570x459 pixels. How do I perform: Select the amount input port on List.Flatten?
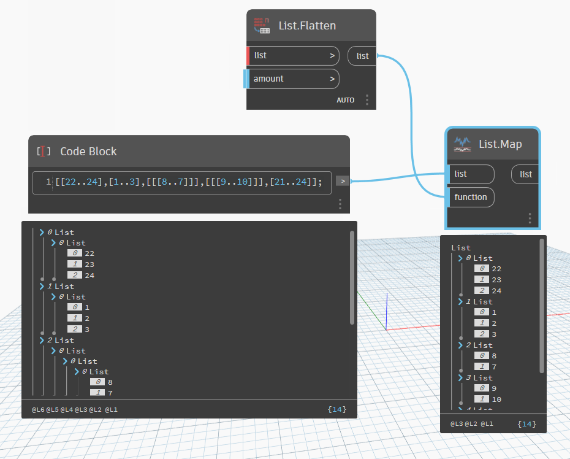(292, 79)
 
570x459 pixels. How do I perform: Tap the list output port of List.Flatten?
(362, 56)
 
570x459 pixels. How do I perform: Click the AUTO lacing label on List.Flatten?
(345, 100)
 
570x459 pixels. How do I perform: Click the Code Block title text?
(88, 151)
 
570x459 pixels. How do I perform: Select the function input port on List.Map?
(471, 197)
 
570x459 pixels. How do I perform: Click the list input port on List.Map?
(471, 174)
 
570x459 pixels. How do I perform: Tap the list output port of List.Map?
(525, 174)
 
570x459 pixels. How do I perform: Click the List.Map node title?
(500, 144)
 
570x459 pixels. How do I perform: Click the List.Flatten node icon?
(262, 26)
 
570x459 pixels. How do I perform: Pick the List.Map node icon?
(462, 144)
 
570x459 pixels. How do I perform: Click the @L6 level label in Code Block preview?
(38, 409)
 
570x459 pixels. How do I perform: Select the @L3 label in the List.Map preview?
(457, 424)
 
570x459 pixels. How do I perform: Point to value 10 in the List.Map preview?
(496, 399)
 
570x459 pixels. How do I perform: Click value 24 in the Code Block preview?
(89, 275)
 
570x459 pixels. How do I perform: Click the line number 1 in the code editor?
(48, 182)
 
